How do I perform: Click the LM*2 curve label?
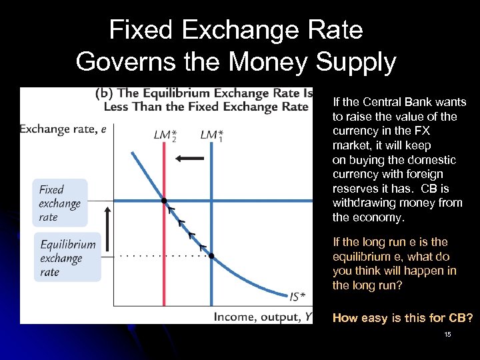point(165,135)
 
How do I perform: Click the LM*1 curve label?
point(212,135)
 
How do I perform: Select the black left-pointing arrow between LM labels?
point(189,159)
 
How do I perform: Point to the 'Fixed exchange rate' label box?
point(60,203)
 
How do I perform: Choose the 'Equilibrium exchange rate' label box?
point(67,258)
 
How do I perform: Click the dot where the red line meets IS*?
point(164,201)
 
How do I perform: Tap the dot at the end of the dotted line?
point(211,255)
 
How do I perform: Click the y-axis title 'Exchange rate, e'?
point(63,129)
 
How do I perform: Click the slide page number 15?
point(447,334)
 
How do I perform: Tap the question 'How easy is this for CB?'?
point(403,318)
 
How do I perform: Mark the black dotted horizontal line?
point(160,255)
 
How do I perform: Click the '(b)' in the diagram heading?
point(105,93)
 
